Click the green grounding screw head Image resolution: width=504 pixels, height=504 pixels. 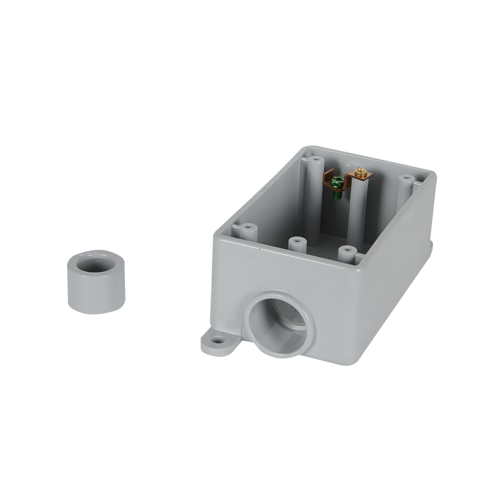(339, 180)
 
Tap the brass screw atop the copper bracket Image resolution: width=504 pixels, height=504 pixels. (360, 173)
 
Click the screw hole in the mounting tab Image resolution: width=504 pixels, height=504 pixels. (218, 341)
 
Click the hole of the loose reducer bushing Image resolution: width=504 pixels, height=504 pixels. (96, 265)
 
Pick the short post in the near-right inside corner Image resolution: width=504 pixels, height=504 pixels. (347, 252)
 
